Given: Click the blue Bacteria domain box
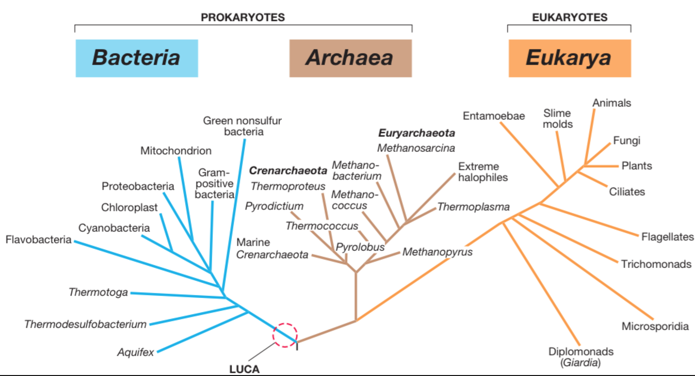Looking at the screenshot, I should click(x=137, y=58).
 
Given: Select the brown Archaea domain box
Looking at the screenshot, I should click(x=350, y=58).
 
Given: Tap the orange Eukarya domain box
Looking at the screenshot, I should click(x=569, y=58).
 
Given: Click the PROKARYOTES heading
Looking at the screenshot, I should click(x=243, y=17).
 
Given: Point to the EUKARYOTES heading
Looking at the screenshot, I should click(x=569, y=17).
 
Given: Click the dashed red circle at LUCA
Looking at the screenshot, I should click(x=285, y=335).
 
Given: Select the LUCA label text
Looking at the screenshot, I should click(x=244, y=369).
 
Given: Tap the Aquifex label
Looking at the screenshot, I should click(x=136, y=352).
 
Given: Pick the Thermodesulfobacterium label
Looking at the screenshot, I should click(x=85, y=324).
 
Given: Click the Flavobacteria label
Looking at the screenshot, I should click(x=38, y=240).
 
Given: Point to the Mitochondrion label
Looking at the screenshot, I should click(x=176, y=151).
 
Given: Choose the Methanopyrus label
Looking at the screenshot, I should click(x=437, y=252).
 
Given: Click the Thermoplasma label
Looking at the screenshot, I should click(x=473, y=207).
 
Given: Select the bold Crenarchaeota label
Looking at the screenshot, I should click(x=288, y=171).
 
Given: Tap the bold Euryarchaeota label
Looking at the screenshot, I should click(x=416, y=133).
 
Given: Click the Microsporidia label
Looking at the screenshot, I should click(x=655, y=326).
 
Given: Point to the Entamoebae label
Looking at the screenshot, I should click(x=494, y=116).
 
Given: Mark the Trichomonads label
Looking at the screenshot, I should click(x=656, y=264).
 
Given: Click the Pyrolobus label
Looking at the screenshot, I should click(x=360, y=247).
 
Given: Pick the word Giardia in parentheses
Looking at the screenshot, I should click(x=581, y=363).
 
